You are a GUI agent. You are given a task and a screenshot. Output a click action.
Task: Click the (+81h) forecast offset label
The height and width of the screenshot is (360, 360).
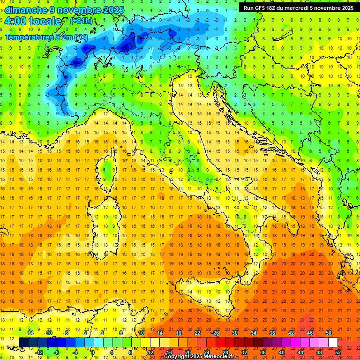(x=81, y=21)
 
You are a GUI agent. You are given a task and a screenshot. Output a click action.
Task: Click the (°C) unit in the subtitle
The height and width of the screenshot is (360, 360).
(x=81, y=37)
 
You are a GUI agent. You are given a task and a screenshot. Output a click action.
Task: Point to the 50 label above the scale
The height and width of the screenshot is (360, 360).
(x=329, y=333)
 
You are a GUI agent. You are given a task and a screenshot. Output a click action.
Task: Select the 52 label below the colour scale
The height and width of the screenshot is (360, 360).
(x=338, y=352)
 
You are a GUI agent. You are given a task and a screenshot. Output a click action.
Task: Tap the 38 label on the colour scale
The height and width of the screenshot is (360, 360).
(x=272, y=333)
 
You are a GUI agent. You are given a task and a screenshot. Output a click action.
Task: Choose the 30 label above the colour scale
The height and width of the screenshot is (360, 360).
(x=235, y=333)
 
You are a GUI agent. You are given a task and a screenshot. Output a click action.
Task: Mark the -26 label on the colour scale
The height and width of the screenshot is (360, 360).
(x=215, y=333)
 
